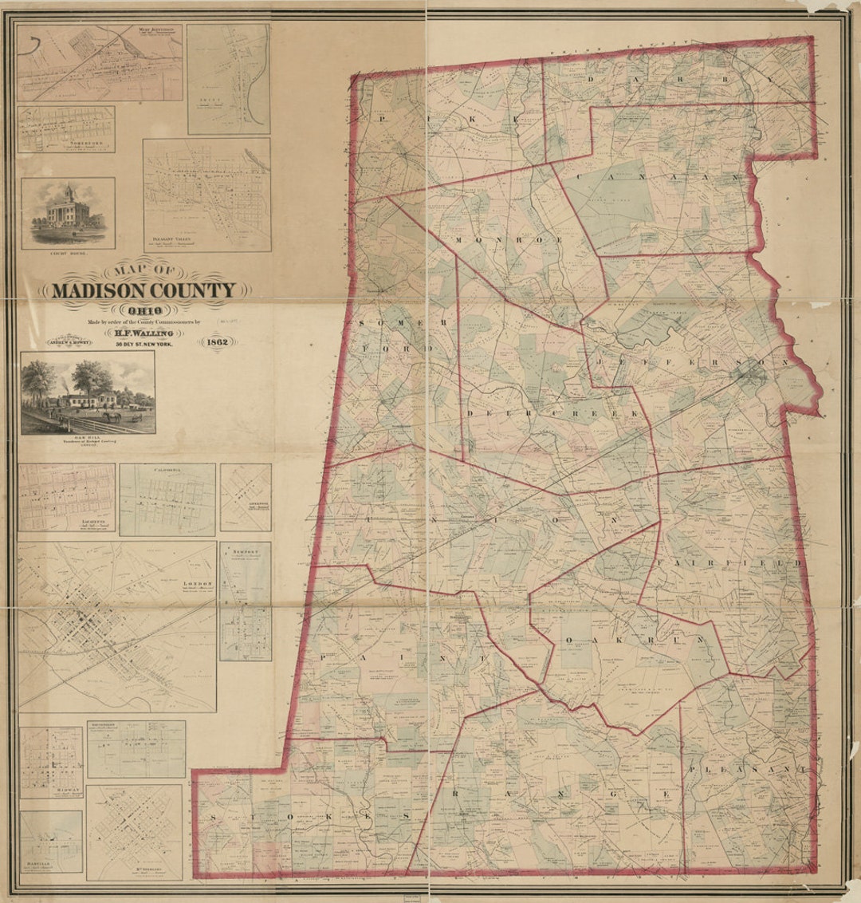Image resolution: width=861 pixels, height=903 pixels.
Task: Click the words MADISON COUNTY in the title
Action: point(143,290)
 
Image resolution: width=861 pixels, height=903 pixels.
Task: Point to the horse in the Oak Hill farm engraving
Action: point(112,416)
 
